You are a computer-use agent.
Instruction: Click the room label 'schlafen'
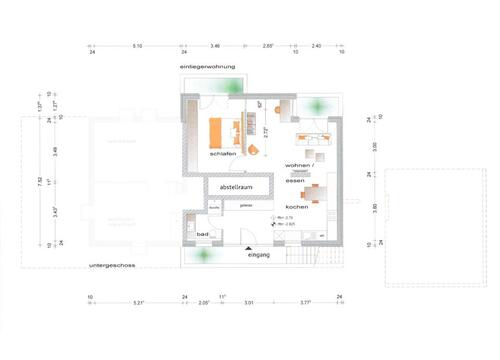(x=222, y=154)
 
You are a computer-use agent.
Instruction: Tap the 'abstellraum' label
(x=229, y=186)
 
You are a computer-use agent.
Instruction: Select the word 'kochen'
(x=297, y=206)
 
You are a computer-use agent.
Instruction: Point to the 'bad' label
(x=203, y=234)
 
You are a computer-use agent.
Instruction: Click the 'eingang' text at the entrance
(x=260, y=255)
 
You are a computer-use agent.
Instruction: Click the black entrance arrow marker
(x=247, y=246)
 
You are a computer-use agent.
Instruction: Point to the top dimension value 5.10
(x=137, y=46)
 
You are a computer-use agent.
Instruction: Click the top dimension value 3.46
(x=215, y=46)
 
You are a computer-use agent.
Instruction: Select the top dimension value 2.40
(x=316, y=46)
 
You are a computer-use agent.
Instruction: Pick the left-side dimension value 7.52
(x=41, y=180)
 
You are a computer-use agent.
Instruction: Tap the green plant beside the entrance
(x=205, y=253)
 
